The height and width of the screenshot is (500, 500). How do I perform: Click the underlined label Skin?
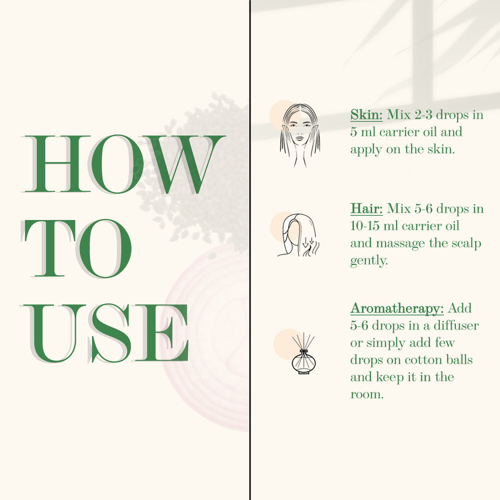366,115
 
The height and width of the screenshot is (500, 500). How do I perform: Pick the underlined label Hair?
366,208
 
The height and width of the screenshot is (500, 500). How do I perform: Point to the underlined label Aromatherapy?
397,308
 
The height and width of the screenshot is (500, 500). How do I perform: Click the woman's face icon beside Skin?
299,135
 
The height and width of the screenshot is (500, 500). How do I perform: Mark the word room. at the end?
366,395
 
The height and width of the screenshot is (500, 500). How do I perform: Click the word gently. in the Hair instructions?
369,261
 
